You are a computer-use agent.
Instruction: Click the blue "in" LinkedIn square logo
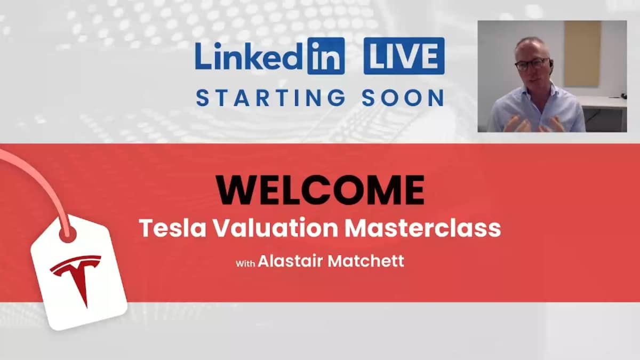pos(326,56)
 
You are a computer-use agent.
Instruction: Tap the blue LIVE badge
pos(404,56)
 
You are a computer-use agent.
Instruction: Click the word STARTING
pos(271,98)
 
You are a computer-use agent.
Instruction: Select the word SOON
pos(403,98)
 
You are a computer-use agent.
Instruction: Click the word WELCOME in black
pos(320,190)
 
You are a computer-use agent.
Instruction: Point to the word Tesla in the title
pos(173,228)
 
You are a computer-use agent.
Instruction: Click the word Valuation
pos(276,228)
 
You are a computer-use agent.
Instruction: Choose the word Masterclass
pos(423,228)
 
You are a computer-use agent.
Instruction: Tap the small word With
pos(245,263)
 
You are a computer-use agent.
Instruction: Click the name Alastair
pos(290,261)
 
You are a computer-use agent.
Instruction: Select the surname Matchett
pos(366,261)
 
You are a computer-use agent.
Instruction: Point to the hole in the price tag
pos(68,234)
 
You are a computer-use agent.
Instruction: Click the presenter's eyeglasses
pos(533,65)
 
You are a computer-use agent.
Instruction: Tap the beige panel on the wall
pos(582,53)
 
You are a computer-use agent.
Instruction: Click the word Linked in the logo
pos(249,56)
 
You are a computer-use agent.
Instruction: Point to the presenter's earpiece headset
pos(550,62)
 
